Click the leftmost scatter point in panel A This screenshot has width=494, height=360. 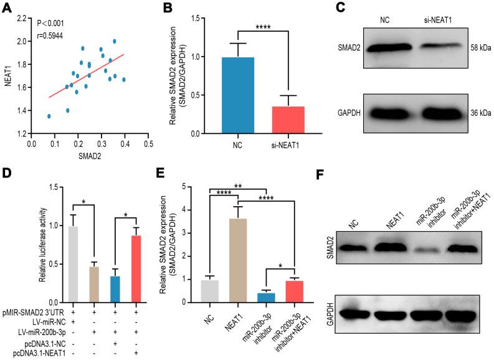(x=49, y=116)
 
